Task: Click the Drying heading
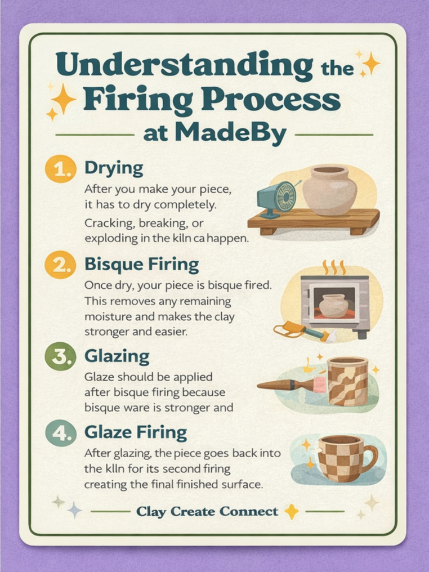113,168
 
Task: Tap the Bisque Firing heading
141,264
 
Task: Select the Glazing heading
117,356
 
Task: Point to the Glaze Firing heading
135,432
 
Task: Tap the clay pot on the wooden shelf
329,190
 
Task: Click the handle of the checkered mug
369,458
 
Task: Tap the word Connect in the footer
249,512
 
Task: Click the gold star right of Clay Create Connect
292,511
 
